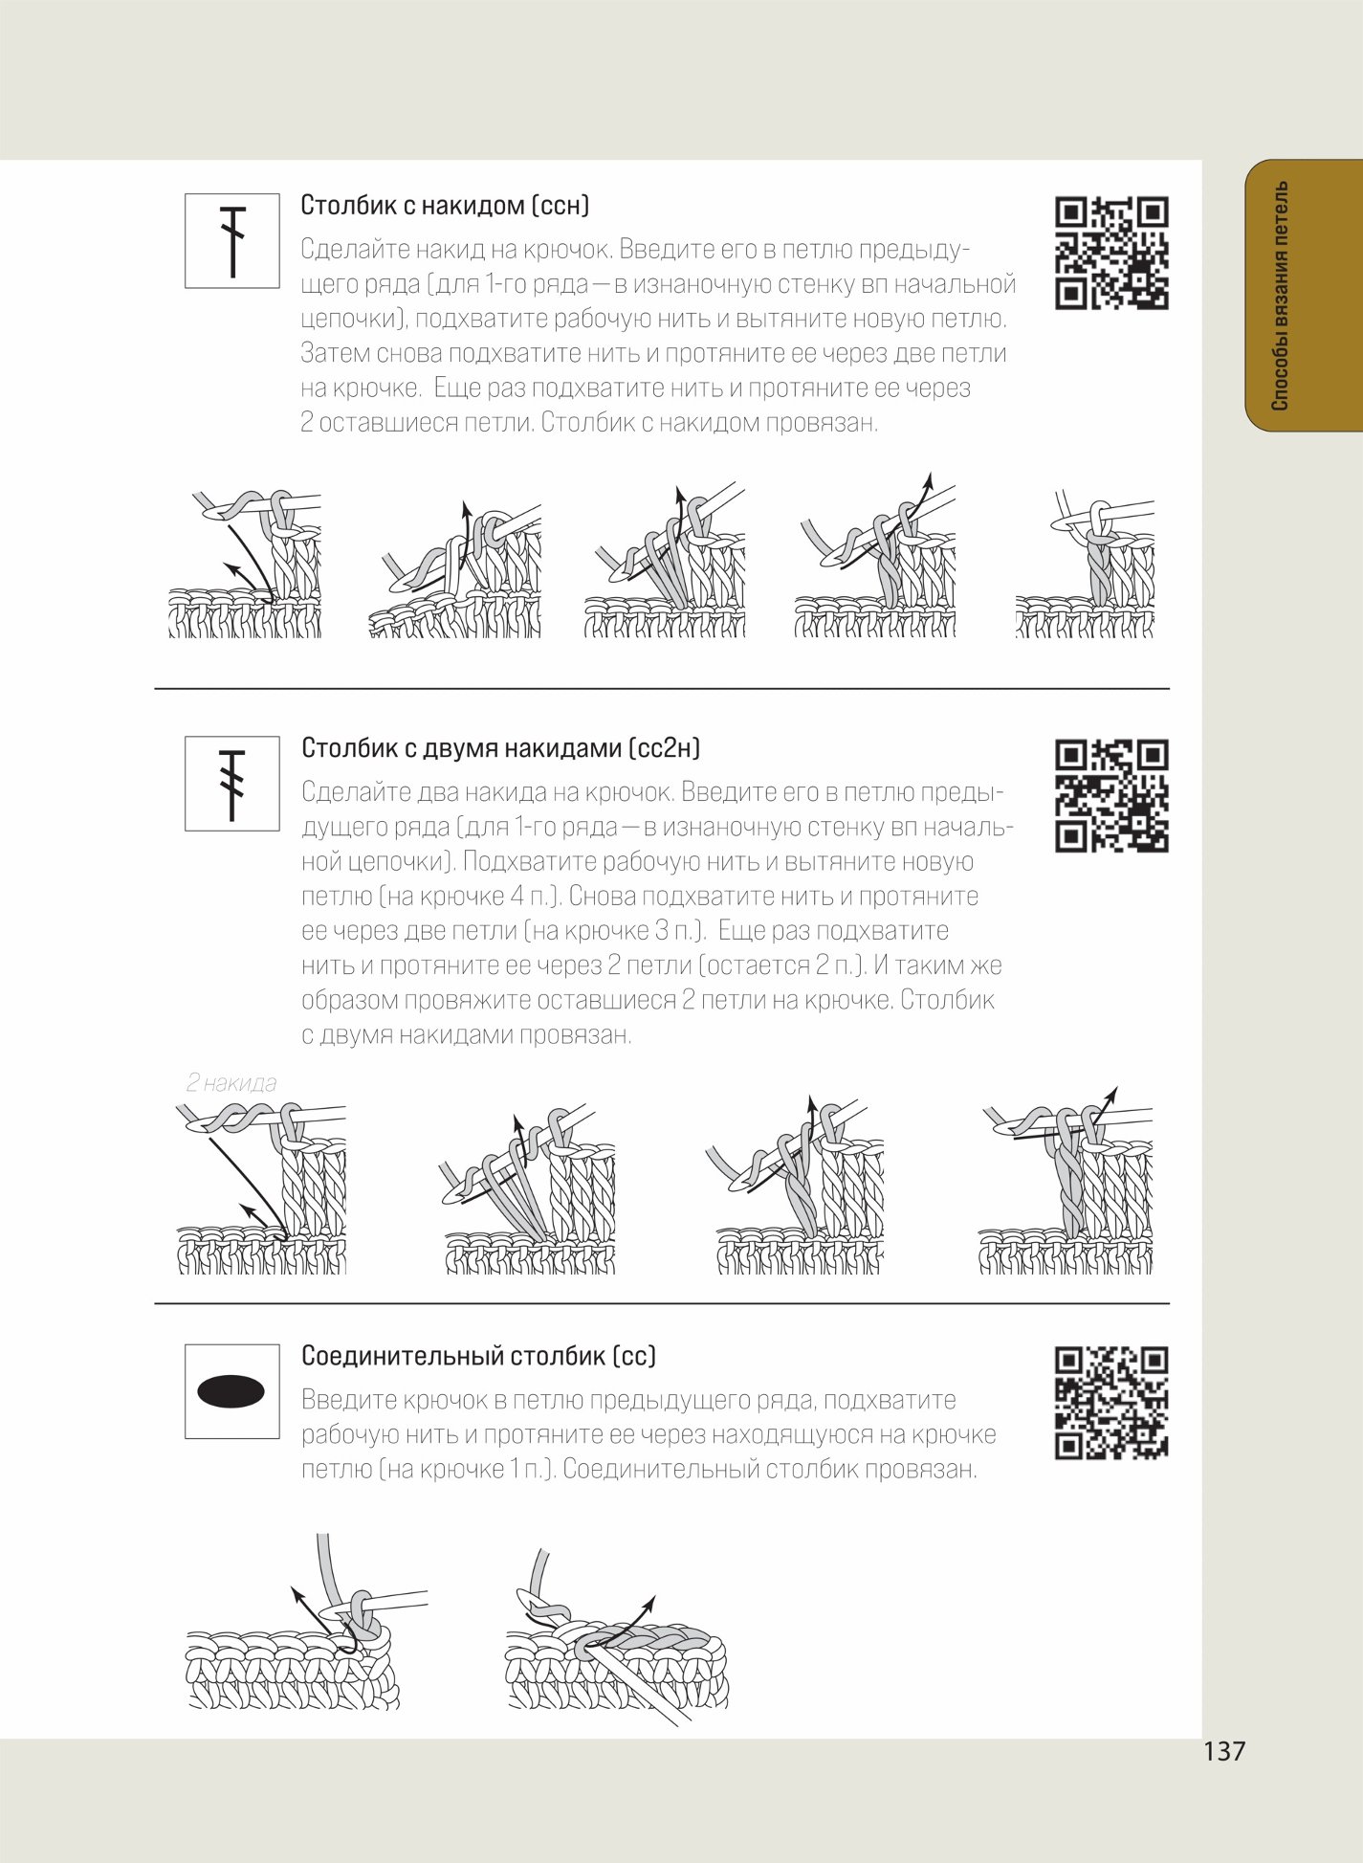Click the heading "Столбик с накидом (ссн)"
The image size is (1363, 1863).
pyautogui.click(x=445, y=205)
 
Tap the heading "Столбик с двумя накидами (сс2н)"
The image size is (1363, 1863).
pyautogui.click(x=500, y=747)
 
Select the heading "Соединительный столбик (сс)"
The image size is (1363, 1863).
pyautogui.click(x=478, y=1355)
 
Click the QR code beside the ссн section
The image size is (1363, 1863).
pyautogui.click(x=1111, y=253)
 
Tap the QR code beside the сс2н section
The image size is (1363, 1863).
pyautogui.click(x=1111, y=795)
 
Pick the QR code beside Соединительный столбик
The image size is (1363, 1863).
pyautogui.click(x=1111, y=1403)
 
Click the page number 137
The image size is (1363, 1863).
pyautogui.click(x=1224, y=1751)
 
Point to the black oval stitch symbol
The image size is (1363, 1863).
pyautogui.click(x=231, y=1391)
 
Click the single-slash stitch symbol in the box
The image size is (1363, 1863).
pyautogui.click(x=232, y=241)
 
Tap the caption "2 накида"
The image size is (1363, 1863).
pyautogui.click(x=231, y=1083)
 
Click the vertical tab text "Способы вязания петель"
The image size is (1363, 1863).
pyautogui.click(x=1281, y=296)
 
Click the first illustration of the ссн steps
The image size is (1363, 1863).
pyautogui.click(x=245, y=565)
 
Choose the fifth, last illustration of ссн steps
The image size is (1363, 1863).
pyautogui.click(x=1086, y=565)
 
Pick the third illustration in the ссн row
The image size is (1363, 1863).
pyautogui.click(x=665, y=562)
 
